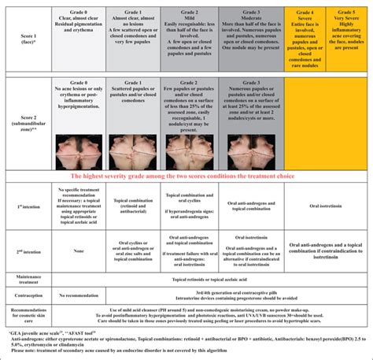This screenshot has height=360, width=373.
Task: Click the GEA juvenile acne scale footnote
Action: click(x=47, y=334)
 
